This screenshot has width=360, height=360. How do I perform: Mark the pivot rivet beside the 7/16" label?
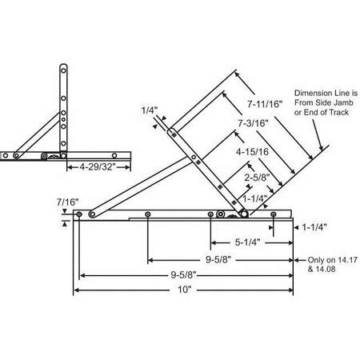tap(93, 214)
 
